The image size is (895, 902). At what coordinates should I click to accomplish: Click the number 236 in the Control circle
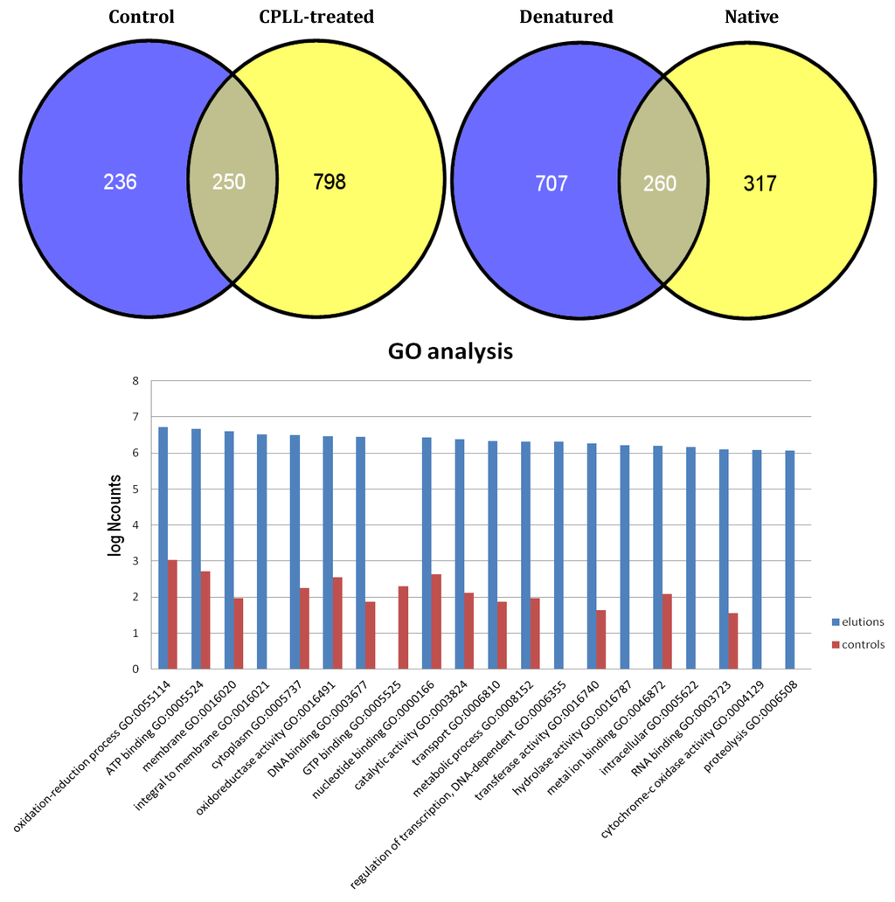point(120,183)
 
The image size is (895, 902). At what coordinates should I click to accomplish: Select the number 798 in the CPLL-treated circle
point(330,183)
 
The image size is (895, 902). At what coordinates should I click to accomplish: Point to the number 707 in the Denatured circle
point(552,184)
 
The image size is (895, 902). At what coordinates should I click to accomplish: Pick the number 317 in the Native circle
point(758,184)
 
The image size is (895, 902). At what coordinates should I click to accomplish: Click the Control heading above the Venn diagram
point(142,17)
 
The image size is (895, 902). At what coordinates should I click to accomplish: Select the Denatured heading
point(565,17)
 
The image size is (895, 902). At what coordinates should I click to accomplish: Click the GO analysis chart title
point(450,352)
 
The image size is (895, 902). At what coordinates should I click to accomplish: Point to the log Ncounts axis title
point(114,524)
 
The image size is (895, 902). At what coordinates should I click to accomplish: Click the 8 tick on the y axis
point(135,381)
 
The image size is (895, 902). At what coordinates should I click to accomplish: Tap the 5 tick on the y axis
point(135,489)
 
